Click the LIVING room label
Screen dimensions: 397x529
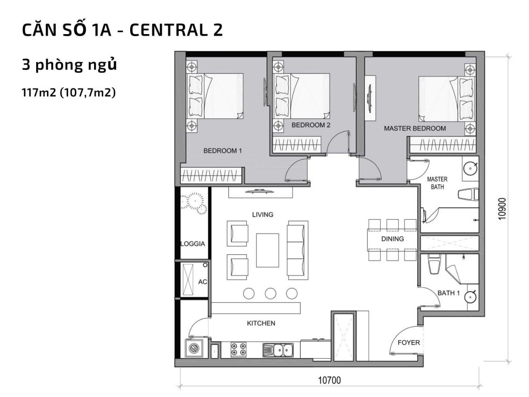pos(262,215)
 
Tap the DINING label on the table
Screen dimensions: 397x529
pos(392,239)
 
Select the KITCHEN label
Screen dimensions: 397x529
pos(261,324)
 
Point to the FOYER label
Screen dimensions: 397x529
pos(408,343)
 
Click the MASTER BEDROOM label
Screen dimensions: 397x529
pos(414,128)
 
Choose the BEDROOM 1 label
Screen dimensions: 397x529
pos(223,151)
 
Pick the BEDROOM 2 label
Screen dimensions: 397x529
pos(310,125)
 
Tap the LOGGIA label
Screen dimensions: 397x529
pos(193,244)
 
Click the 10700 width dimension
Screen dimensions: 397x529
pos(329,380)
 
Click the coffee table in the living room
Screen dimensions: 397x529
pos(268,250)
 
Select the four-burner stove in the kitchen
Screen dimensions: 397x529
pos(238,350)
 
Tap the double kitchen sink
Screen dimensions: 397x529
pos(277,350)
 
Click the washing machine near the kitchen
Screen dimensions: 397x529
pos(195,349)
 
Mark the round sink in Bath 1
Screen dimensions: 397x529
pos(470,297)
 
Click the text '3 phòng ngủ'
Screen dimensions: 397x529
pos(69,66)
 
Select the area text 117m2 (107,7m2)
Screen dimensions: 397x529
pos(68,93)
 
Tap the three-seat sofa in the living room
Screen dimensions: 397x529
pos(297,243)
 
